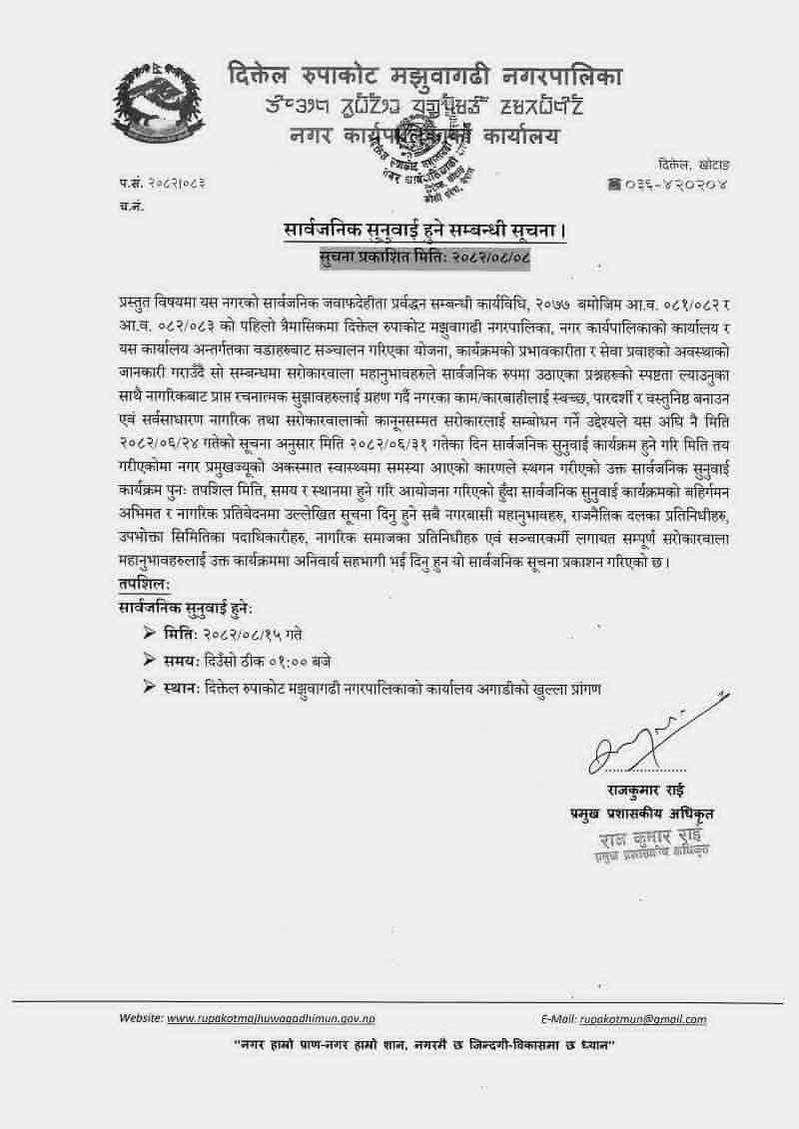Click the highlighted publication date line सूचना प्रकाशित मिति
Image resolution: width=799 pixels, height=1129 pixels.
[423, 258]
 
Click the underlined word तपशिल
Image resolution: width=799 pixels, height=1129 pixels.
[145, 583]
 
